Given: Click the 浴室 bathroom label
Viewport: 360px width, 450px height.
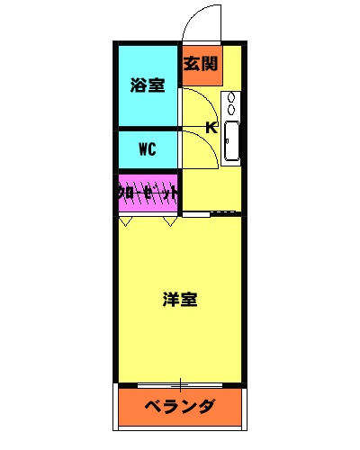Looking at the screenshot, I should click(148, 85).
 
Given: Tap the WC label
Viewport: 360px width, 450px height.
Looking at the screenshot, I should click(148, 149).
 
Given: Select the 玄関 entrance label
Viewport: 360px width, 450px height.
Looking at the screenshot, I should click(201, 64).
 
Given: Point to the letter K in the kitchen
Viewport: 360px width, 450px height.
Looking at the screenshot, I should click(211, 127).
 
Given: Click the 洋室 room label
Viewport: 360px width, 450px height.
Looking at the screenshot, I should click(180, 299).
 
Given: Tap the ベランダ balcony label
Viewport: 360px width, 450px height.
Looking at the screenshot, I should click(180, 405).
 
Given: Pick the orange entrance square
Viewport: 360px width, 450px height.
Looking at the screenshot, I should click(201, 65).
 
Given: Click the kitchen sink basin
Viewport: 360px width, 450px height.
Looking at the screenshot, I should click(231, 140).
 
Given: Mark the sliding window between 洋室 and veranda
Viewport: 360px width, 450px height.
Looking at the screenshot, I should click(180, 384).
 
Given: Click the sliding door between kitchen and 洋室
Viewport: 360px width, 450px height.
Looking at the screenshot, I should click(212, 214).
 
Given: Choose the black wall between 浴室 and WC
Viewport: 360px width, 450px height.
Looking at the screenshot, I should click(148, 129).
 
